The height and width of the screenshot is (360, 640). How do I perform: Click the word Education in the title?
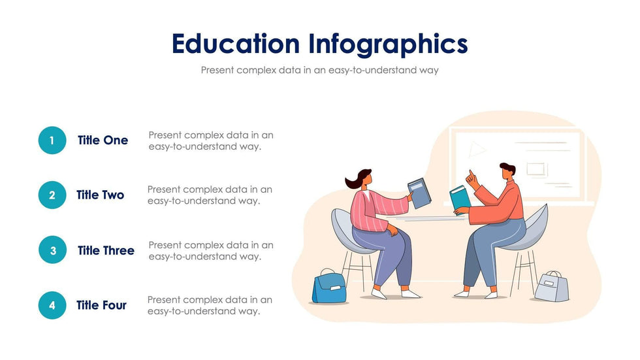point(236,44)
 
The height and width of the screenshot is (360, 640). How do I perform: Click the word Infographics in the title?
point(388,44)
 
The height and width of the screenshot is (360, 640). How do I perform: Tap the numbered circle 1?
point(52,140)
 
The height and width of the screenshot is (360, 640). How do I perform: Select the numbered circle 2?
point(52,195)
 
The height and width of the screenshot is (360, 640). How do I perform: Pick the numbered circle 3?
point(53,250)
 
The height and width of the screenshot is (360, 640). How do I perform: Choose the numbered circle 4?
point(52,305)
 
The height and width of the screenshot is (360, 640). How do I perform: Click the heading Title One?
point(103,140)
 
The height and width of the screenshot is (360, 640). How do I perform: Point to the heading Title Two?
point(101,195)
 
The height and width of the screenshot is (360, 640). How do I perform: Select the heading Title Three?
point(106,250)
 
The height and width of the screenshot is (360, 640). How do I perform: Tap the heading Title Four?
point(102,305)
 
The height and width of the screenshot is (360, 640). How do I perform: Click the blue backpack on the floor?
point(329,286)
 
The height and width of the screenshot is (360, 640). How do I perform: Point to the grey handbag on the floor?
point(552,286)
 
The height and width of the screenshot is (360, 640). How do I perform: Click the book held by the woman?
point(419,193)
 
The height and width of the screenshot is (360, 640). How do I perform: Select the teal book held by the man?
point(460,199)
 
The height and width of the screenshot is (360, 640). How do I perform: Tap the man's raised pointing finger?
point(471,174)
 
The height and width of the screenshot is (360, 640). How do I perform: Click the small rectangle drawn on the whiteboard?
point(536,169)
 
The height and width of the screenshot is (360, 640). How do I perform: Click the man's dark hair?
point(508,167)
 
